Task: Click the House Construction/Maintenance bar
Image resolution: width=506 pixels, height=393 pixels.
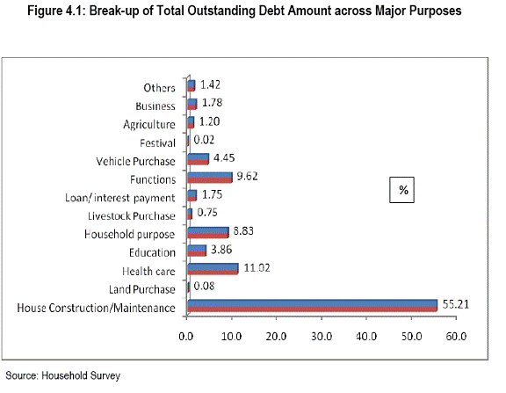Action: point(313,305)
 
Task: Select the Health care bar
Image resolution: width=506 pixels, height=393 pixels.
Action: point(213,269)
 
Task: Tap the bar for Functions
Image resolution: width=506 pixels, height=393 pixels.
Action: point(210,178)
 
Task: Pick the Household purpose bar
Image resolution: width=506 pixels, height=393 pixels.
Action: point(208,232)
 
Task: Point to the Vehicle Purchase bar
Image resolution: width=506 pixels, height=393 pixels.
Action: point(199,159)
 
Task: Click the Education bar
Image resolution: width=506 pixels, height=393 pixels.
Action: point(197,251)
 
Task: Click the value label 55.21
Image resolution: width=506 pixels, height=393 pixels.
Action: point(455,304)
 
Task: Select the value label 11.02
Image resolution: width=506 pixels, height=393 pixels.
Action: point(257,267)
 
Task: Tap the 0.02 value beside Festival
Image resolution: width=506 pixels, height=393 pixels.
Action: point(204,140)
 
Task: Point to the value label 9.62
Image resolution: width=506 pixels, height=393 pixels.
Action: point(247,177)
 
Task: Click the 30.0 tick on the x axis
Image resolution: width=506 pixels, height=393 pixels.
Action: point(322,337)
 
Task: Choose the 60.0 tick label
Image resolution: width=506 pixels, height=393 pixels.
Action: point(456,337)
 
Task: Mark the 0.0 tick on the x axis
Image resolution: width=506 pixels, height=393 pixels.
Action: point(186,337)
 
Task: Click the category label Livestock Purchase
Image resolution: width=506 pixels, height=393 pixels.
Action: point(132,216)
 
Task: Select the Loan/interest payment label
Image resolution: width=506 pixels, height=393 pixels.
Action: point(120,198)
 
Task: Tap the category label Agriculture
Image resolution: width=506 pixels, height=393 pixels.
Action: point(149,125)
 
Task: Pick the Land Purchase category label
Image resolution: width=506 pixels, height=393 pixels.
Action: point(142,289)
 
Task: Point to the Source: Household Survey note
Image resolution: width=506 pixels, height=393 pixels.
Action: point(63,375)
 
